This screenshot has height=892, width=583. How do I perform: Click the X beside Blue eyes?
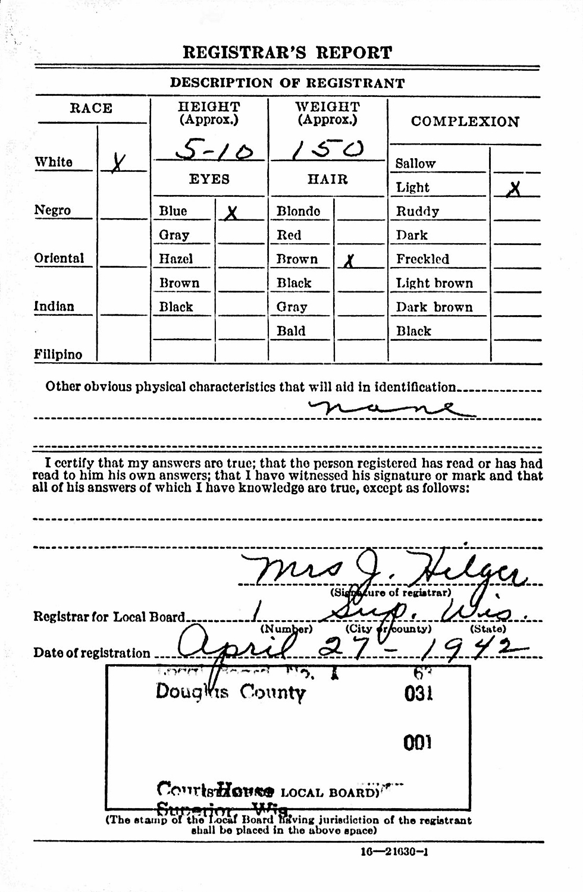231,212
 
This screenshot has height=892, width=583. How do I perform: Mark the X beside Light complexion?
515,189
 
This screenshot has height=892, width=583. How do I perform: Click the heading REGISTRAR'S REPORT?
287,52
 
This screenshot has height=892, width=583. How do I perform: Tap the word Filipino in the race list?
58,354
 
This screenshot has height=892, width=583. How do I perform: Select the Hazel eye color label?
176,259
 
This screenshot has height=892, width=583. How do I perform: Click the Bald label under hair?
291,331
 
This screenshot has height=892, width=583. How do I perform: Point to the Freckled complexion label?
422,259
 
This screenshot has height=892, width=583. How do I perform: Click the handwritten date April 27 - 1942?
345,647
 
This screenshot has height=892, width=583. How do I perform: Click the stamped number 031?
418,693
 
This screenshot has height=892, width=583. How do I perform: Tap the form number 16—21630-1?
394,852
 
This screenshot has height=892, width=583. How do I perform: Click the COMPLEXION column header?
465,121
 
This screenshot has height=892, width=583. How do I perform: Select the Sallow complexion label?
415,163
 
